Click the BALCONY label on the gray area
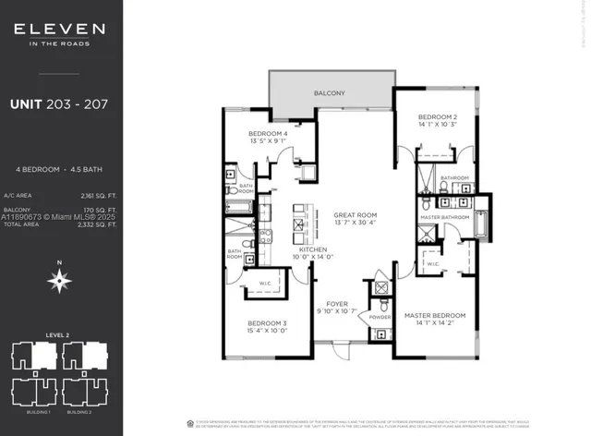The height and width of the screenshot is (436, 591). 329,93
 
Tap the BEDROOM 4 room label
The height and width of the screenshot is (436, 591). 268,134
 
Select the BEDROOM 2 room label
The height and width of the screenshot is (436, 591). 438,116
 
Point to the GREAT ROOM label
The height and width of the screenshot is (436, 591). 356,214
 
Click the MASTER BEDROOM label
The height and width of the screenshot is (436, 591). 435,316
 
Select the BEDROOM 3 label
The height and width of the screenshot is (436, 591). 267,322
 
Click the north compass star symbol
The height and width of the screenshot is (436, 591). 60,281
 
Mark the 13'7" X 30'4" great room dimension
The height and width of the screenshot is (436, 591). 356,223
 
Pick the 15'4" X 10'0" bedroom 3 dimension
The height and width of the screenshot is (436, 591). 267,331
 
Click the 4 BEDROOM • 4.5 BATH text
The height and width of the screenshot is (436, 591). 57,170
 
